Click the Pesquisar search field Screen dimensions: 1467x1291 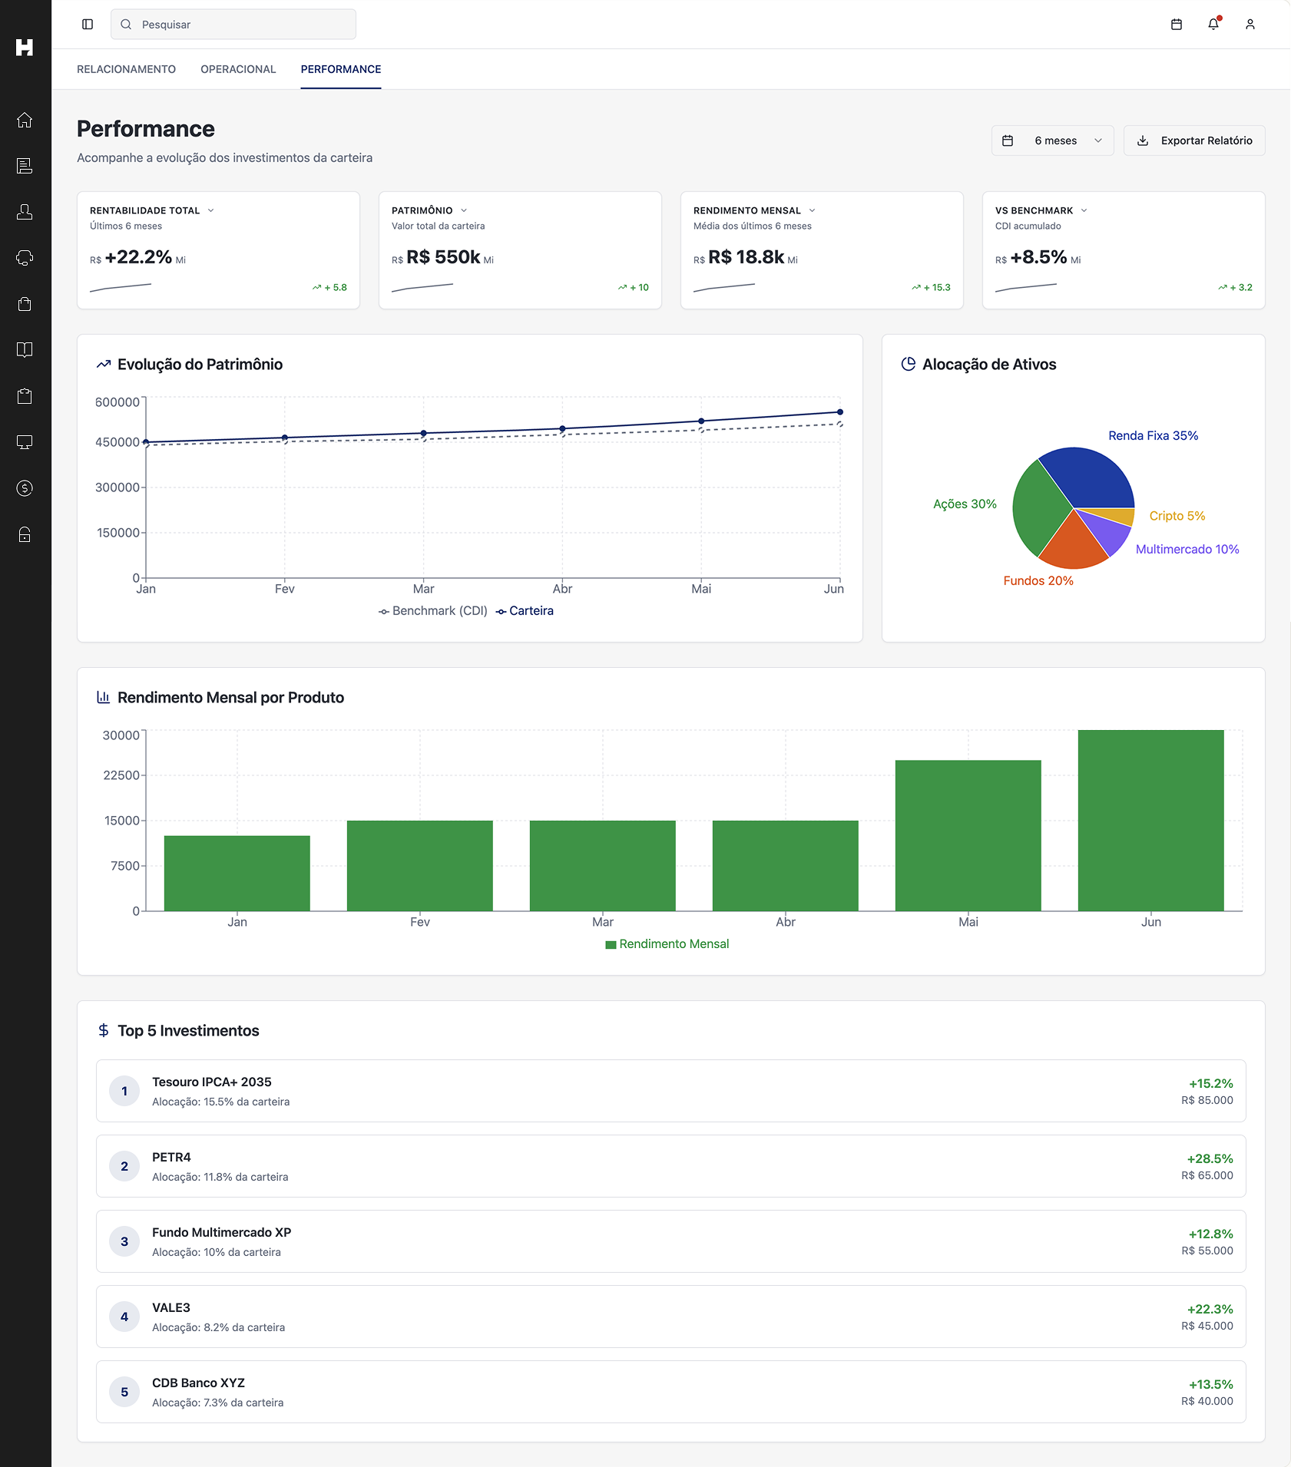point(233,25)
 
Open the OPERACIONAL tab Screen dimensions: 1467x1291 point(238,69)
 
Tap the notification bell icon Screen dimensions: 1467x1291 point(1213,25)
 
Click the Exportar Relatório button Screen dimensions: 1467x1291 point(1194,140)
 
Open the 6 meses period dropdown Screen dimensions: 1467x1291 point(1052,140)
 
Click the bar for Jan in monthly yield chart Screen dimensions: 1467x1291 point(237,874)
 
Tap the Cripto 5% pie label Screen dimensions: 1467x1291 point(1177,516)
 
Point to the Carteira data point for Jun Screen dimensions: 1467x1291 point(840,412)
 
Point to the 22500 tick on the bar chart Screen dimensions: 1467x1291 point(121,775)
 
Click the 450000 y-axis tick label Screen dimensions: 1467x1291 point(117,442)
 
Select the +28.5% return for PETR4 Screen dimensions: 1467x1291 point(1210,1158)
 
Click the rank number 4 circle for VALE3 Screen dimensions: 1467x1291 point(124,1317)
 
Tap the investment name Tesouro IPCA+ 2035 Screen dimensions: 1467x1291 point(212,1082)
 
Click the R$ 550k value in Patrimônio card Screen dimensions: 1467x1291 point(443,257)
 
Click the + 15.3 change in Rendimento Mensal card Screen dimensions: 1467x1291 point(936,287)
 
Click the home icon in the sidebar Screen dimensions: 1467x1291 point(25,120)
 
